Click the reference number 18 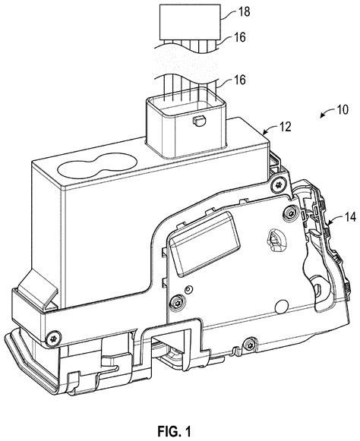(245, 11)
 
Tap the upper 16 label (240, 37)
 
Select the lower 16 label (240, 80)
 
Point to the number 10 (343, 109)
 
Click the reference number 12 (286, 127)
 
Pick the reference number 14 (350, 217)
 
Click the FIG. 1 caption (174, 430)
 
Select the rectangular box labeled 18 (190, 22)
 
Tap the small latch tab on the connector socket (199, 121)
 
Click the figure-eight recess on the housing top (97, 165)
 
